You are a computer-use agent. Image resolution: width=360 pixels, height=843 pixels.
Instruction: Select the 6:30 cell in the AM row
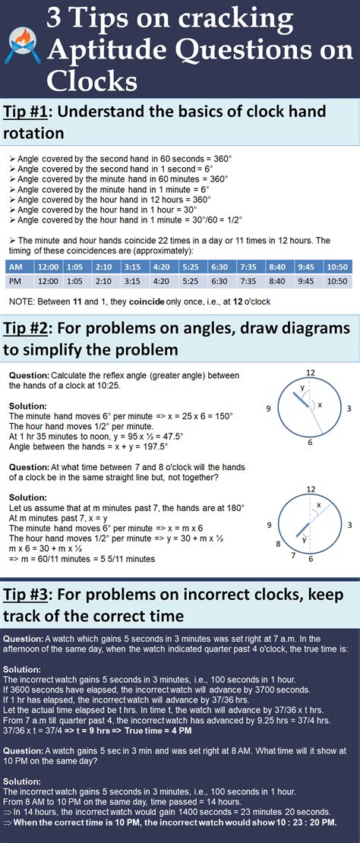click(x=219, y=267)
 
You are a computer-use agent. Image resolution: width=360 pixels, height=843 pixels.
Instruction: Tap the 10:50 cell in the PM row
click(x=337, y=281)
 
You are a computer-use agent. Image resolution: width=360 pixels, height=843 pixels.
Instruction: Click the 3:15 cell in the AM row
click(x=131, y=267)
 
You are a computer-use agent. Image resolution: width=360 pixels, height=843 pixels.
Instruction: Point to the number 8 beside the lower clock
click(x=279, y=544)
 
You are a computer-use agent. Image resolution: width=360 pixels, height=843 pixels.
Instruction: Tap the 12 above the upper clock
click(x=310, y=372)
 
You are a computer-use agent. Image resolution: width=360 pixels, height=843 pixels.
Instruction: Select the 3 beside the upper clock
click(x=348, y=409)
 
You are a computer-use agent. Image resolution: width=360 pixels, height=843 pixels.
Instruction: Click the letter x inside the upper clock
click(x=319, y=404)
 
